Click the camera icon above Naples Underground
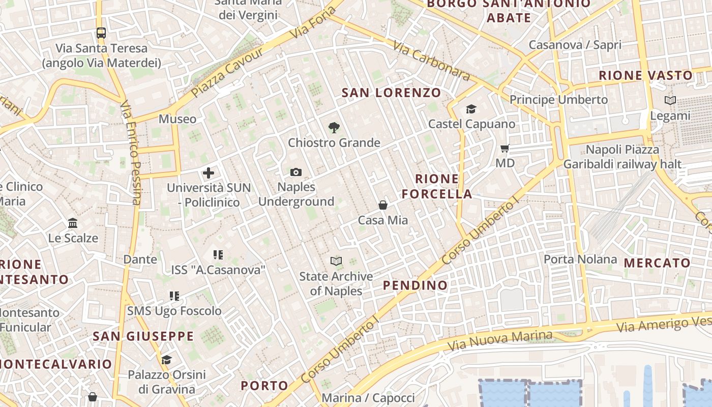pyautogui.click(x=296, y=172)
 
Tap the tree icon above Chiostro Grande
pyautogui.click(x=334, y=128)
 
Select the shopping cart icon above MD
pyautogui.click(x=505, y=149)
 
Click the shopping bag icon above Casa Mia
pyautogui.click(x=383, y=205)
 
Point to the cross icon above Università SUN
pyautogui.click(x=209, y=173)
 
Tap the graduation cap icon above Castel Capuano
pyautogui.click(x=471, y=109)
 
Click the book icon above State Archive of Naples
pyautogui.click(x=336, y=261)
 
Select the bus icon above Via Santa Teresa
pyautogui.click(x=101, y=33)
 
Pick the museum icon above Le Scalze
pyautogui.click(x=73, y=223)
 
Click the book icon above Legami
pyautogui.click(x=670, y=101)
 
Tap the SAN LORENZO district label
pyautogui.click(x=391, y=93)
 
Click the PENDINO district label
pyautogui.click(x=415, y=285)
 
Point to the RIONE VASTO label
pyautogui.click(x=645, y=76)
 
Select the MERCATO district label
pyautogui.click(x=657, y=263)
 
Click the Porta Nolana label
pyautogui.click(x=580, y=259)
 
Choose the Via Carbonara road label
pyautogui.click(x=431, y=61)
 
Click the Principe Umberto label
pyautogui.click(x=558, y=100)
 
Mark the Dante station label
pyautogui.click(x=140, y=259)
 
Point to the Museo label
pyautogui.click(x=177, y=119)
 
